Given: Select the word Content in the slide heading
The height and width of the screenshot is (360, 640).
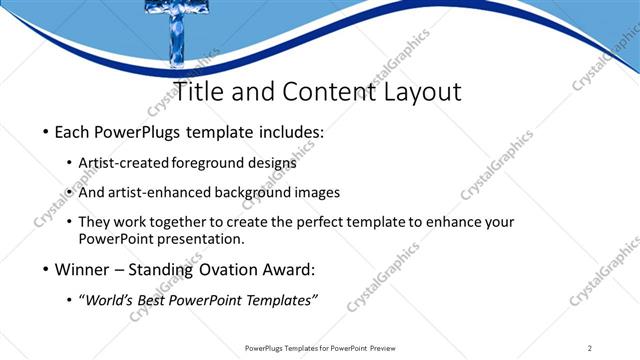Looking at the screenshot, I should point(322,92).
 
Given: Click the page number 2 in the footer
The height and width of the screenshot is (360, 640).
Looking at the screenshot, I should point(590,347).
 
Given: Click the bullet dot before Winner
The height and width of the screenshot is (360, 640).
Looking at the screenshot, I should point(45,271).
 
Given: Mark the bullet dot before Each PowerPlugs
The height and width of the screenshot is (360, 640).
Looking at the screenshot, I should point(45,132).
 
